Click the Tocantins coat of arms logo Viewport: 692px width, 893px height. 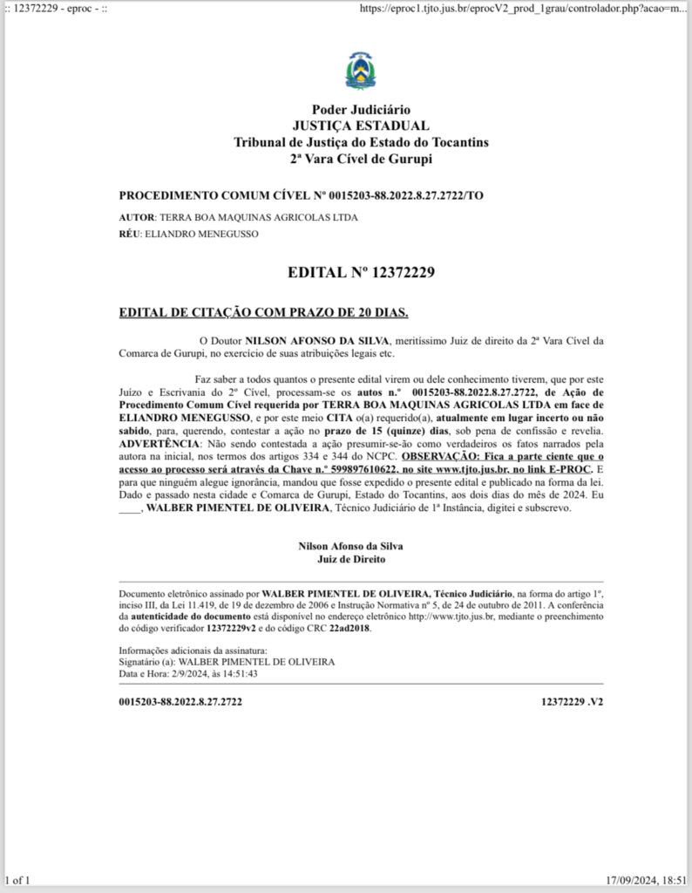coord(361,72)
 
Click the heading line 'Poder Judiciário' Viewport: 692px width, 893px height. coord(361,111)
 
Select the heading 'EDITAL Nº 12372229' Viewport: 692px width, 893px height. coord(361,273)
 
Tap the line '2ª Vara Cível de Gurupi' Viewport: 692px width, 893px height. coord(361,159)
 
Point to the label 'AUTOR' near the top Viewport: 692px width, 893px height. coord(136,217)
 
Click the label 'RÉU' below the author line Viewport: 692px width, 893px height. coord(129,235)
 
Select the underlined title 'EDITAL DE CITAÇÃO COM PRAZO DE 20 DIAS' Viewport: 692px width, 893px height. coord(263,312)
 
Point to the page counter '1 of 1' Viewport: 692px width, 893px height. coord(17,881)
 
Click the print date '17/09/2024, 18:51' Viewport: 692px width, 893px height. coord(648,881)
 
